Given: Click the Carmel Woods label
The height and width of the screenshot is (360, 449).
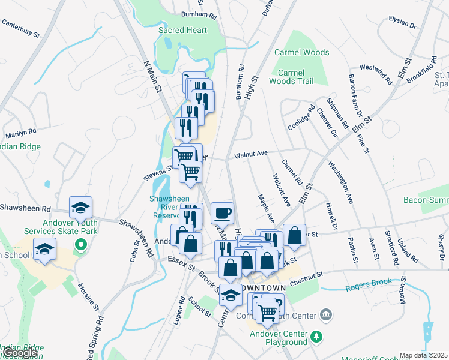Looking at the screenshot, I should tap(301, 53).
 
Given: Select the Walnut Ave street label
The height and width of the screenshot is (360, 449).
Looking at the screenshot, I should tap(250, 154).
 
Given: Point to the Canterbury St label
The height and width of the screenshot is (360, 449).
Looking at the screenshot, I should tap(20, 28).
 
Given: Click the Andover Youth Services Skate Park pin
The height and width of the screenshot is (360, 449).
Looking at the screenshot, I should tap(78, 245).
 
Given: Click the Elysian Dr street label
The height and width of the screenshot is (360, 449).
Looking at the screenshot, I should tap(402, 22).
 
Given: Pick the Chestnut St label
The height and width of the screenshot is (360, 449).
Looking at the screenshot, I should tap(306, 274).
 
